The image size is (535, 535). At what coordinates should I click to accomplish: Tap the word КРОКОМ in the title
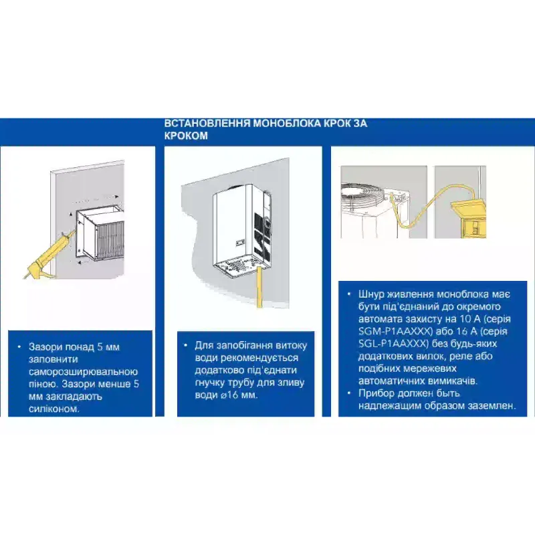coord(186,136)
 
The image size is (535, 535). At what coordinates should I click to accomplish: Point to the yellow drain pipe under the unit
coord(259,288)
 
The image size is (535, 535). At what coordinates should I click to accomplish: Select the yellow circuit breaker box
coord(469,218)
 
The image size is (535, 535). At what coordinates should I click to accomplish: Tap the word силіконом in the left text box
coord(54,409)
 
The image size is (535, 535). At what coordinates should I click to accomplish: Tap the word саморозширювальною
coord(83,372)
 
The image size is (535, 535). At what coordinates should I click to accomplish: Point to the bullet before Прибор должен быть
coord(348,393)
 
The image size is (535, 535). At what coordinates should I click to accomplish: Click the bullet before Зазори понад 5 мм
coord(19,347)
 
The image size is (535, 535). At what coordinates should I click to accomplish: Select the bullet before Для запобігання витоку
coord(185,345)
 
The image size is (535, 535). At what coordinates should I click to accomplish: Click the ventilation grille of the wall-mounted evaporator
coord(110,239)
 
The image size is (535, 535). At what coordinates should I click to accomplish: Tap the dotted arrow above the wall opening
coord(95,197)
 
